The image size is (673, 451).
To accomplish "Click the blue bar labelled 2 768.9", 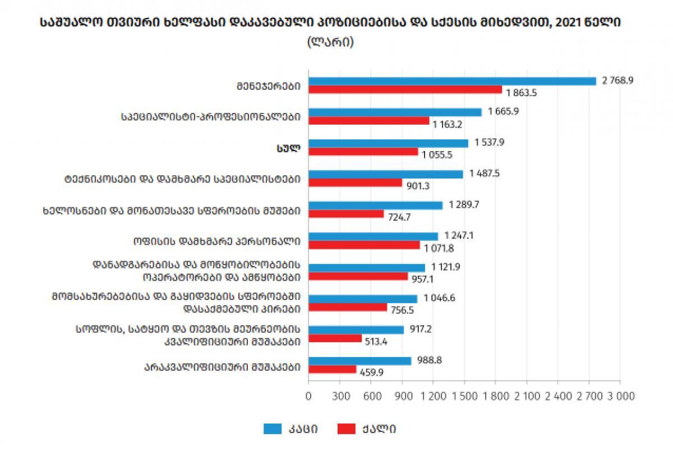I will click(452, 81).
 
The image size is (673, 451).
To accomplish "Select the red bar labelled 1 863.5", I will click(405, 90).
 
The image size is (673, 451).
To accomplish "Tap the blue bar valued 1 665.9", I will click(395, 112).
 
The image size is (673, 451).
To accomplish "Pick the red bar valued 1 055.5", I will click(363, 152).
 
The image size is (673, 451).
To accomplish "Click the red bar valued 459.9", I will click(332, 369).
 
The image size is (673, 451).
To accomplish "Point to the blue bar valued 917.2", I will click(356, 330).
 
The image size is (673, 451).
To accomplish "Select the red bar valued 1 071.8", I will click(364, 245).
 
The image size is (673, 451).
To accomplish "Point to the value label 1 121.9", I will click(446, 267).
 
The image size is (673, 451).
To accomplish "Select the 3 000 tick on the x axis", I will click(620, 396).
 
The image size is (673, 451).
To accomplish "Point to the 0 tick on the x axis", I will click(308, 396).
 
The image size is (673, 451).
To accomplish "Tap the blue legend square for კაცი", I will click(272, 429).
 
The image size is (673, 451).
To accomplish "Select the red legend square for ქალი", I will click(345, 429).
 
